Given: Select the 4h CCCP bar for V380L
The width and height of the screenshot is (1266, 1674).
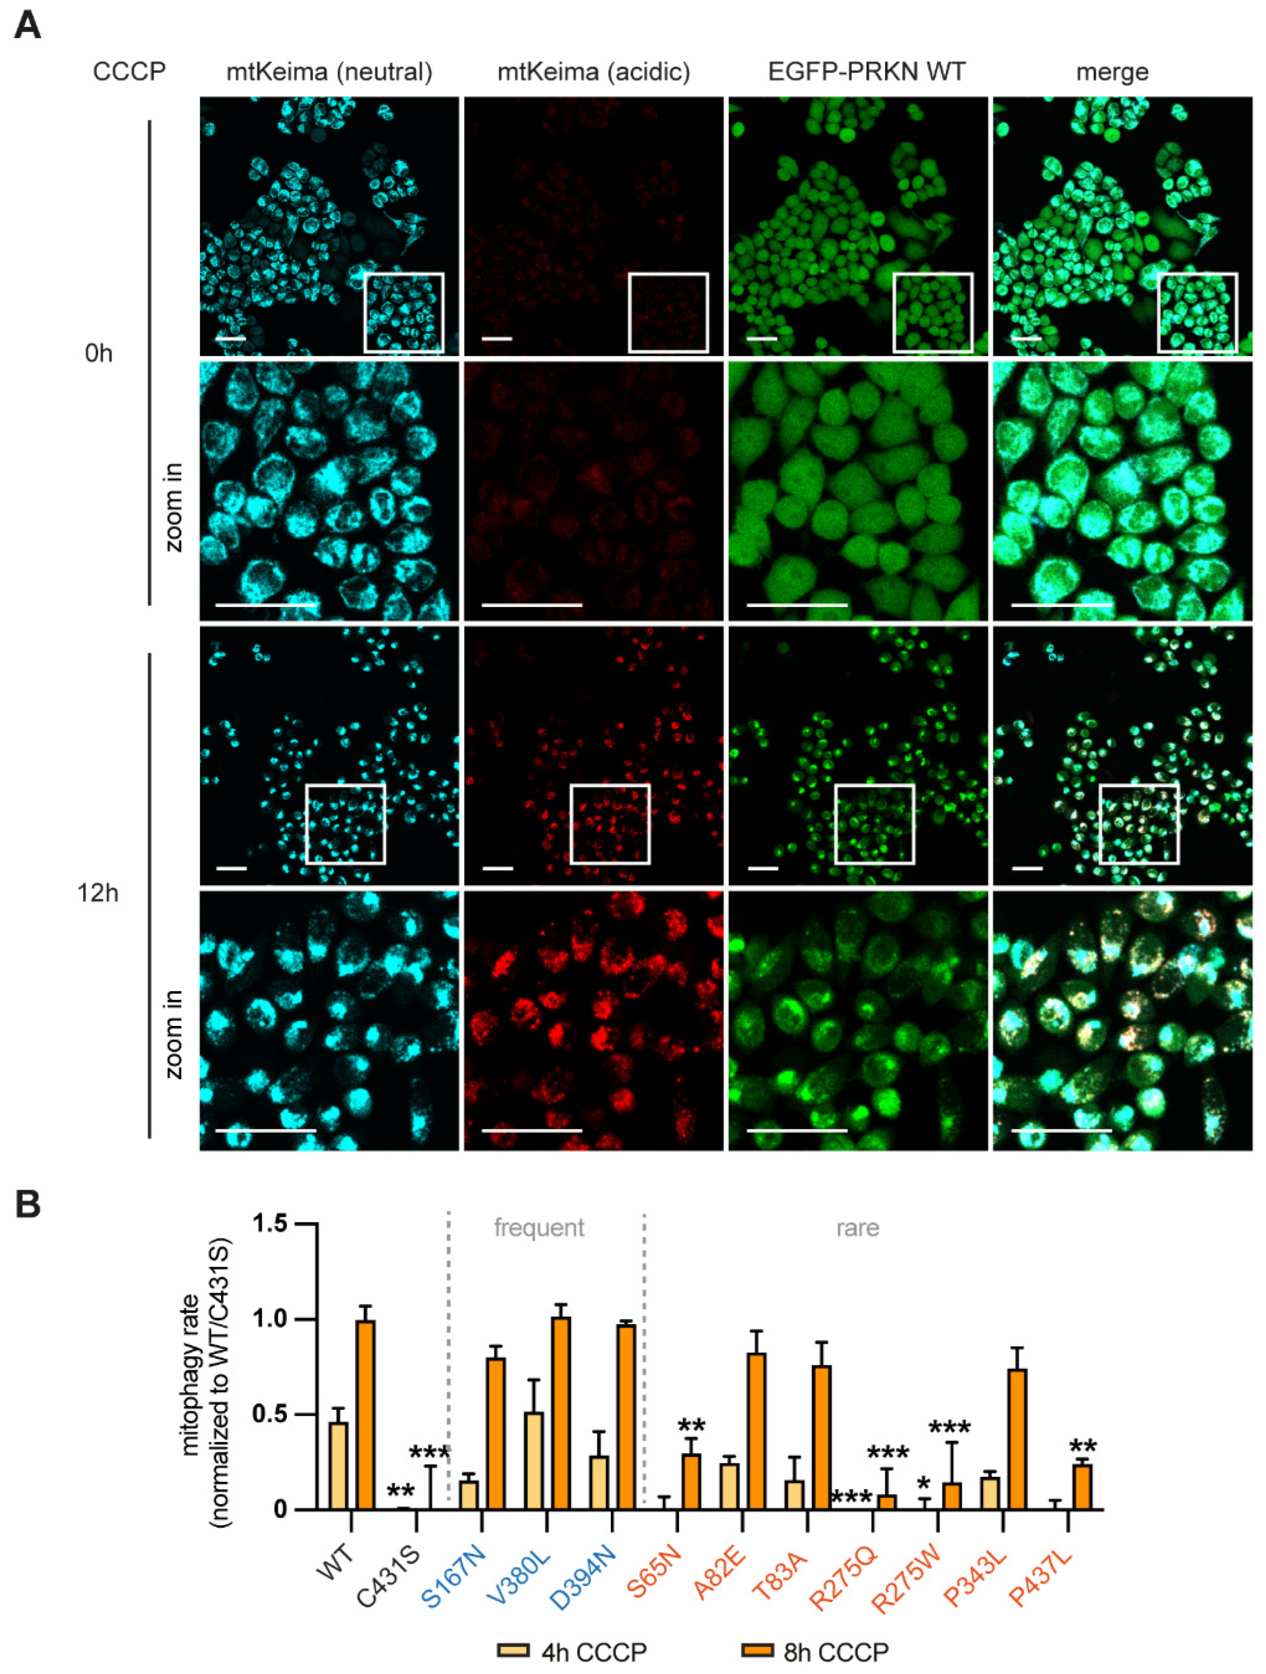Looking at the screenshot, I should coord(534,1461).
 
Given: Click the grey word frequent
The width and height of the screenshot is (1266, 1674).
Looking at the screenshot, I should coord(539,1227).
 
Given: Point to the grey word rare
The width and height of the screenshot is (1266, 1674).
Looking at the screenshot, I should coord(858,1227).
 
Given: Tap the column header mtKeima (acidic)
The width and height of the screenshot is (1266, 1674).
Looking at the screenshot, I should coord(593,72).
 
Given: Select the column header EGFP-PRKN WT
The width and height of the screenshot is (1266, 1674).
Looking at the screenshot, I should coord(866,72).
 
